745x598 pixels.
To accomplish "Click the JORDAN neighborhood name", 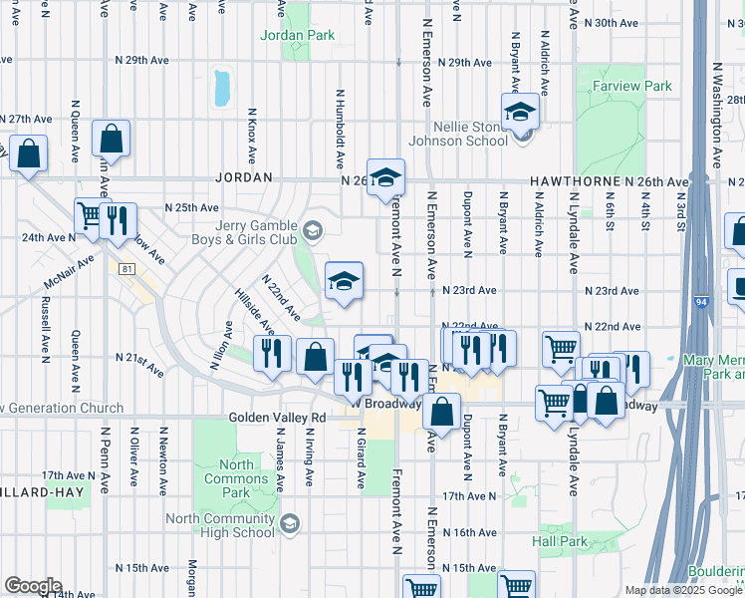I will click(x=244, y=177).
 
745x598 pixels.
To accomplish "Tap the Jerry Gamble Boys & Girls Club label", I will click(x=245, y=233).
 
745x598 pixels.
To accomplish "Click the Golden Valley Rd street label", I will click(x=277, y=418).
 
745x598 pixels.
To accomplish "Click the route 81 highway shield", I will click(x=125, y=269).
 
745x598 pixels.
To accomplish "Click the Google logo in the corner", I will click(x=32, y=586).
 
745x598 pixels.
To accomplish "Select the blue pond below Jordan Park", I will click(x=221, y=88).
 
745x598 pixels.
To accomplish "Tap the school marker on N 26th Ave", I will click(x=385, y=178).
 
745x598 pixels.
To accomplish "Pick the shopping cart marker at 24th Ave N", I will click(x=90, y=216).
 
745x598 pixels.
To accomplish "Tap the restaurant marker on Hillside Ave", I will click(x=271, y=353).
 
